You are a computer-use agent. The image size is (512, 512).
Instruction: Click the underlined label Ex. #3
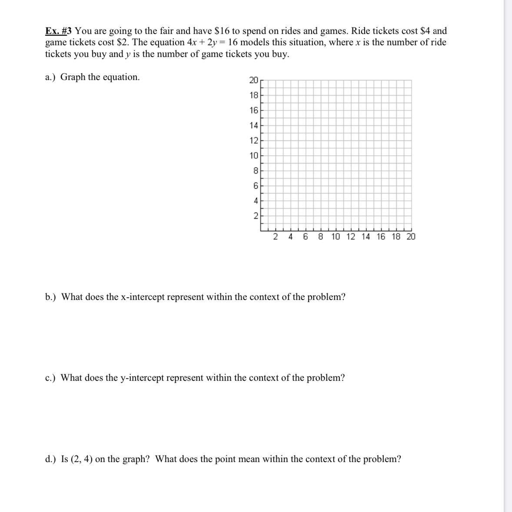click(x=59, y=31)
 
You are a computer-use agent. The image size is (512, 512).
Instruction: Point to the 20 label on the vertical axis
click(x=254, y=80)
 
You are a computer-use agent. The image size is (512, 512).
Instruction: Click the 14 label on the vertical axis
click(x=254, y=126)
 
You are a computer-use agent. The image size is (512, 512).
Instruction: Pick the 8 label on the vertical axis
click(x=256, y=171)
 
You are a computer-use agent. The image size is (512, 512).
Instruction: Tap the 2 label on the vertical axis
click(x=256, y=216)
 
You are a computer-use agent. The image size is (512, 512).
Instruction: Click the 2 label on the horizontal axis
click(x=276, y=236)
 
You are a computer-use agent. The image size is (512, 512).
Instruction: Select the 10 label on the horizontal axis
click(x=336, y=236)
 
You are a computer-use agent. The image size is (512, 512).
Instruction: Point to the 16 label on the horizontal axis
click(x=381, y=236)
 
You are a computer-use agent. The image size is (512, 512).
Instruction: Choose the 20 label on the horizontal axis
click(x=411, y=236)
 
